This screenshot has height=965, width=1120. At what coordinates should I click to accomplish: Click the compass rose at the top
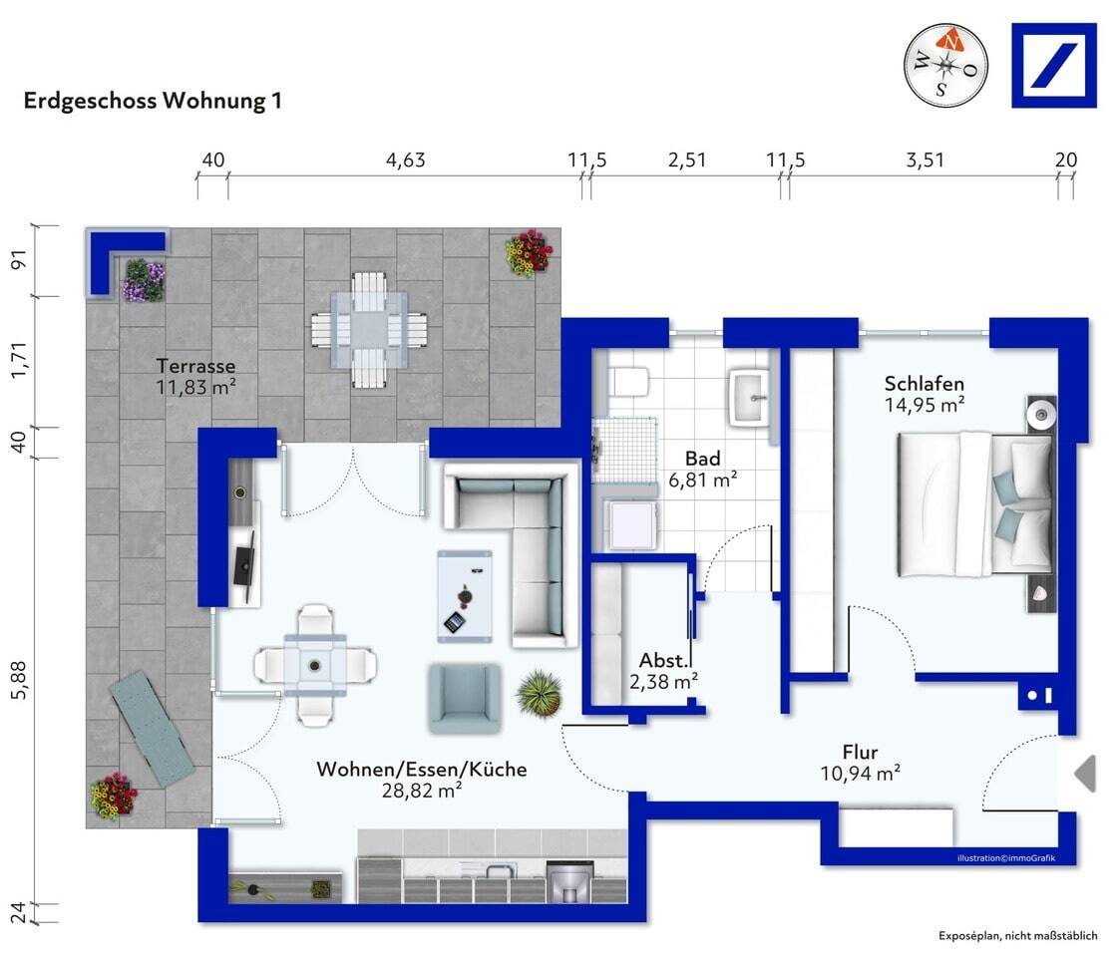click(946, 65)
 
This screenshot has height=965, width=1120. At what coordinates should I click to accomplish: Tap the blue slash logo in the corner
click(1054, 66)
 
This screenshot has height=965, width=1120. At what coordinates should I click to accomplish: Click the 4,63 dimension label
click(406, 160)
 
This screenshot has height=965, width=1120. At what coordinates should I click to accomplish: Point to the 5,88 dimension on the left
click(19, 680)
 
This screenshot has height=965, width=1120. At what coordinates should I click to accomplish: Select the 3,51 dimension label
click(925, 160)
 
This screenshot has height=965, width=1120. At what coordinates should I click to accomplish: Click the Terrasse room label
click(195, 366)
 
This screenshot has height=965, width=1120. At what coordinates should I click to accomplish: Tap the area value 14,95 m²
click(925, 406)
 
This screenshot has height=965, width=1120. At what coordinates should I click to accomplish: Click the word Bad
click(703, 459)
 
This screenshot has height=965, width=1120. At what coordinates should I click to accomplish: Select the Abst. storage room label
click(664, 660)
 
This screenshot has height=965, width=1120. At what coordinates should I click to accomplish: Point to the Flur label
click(860, 752)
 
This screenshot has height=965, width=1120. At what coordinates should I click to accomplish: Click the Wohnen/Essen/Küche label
click(422, 769)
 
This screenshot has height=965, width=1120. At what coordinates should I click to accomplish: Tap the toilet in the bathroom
click(628, 382)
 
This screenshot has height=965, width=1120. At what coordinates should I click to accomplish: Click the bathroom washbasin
click(749, 398)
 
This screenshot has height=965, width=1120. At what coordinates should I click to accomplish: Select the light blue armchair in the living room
click(465, 698)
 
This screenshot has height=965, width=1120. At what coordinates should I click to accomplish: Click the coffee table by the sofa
click(465, 597)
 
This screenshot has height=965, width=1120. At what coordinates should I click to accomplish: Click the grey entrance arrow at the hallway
click(1086, 773)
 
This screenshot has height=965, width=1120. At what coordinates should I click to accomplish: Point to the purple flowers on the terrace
click(143, 280)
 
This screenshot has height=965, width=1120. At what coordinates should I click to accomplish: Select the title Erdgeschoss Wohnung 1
click(153, 101)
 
